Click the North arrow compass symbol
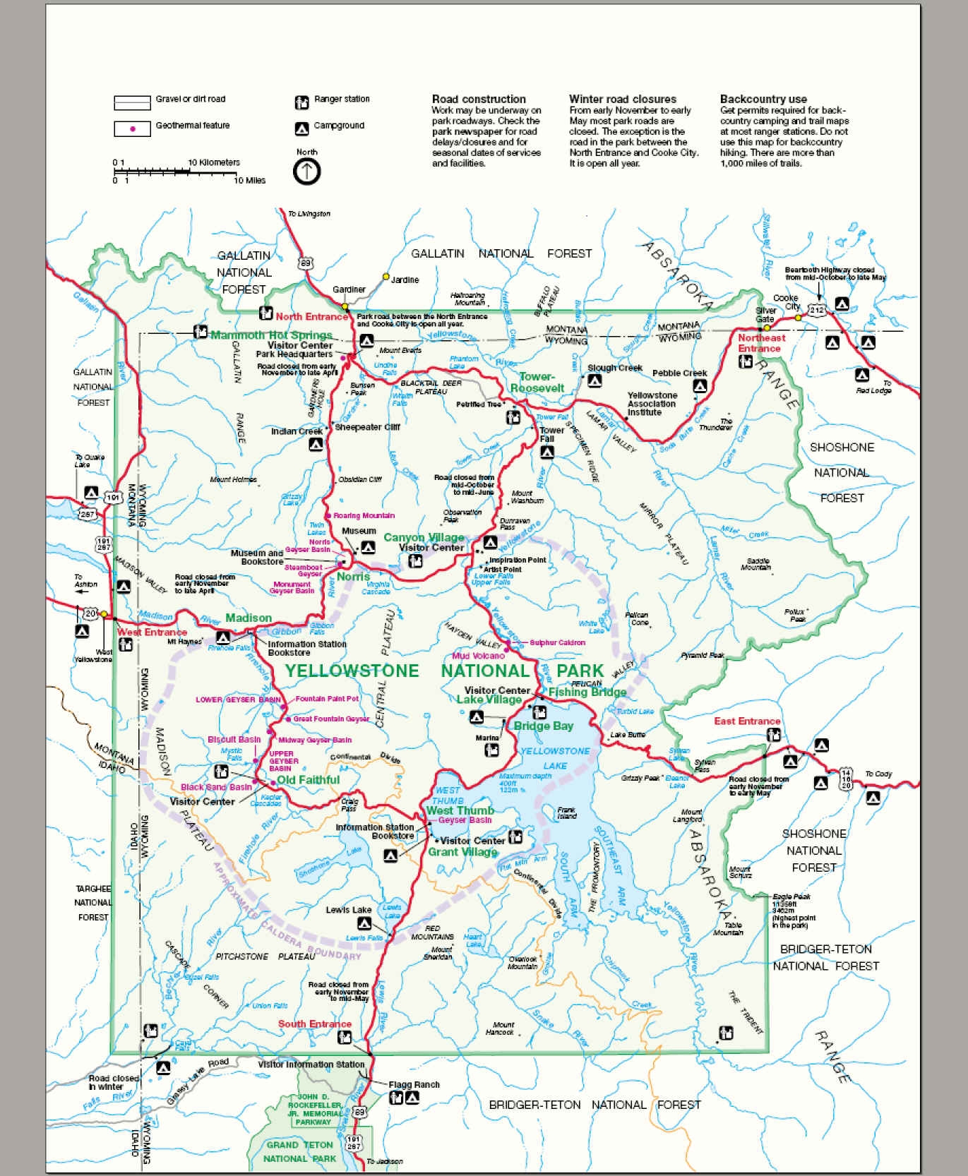click(x=307, y=171)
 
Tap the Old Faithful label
click(x=309, y=780)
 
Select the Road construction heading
click(x=479, y=100)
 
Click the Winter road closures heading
click(x=623, y=100)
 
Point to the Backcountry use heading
click(x=763, y=100)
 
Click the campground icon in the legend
click(x=301, y=128)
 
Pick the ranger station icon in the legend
click(x=301, y=102)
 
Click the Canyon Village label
click(x=424, y=538)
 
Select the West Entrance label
click(x=153, y=632)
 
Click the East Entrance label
click(x=747, y=721)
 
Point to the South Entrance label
click(x=314, y=1024)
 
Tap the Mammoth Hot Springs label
click(x=271, y=335)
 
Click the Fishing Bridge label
click(x=587, y=692)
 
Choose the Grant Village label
click(x=462, y=852)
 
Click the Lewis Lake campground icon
click(x=364, y=923)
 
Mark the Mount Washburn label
click(x=526, y=497)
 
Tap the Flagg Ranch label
click(x=414, y=1085)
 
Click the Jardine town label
click(x=405, y=280)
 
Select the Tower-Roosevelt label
click(x=537, y=383)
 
